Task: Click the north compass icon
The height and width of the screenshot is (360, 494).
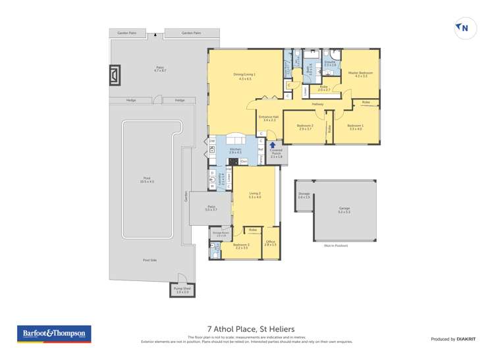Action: point(464,28)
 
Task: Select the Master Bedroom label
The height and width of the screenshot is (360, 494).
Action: point(361,74)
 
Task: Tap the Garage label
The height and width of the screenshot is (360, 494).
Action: point(344,209)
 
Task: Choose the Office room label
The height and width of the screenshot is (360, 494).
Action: point(271,243)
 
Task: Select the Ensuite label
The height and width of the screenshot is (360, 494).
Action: point(330,63)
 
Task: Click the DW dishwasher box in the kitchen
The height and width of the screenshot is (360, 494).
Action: point(212,141)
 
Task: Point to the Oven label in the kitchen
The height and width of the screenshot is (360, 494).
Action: point(244,161)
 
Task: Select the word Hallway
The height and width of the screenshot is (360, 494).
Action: point(318,104)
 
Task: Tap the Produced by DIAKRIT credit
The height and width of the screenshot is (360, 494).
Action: point(453,339)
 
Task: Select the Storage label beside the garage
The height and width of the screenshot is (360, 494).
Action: point(304,195)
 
